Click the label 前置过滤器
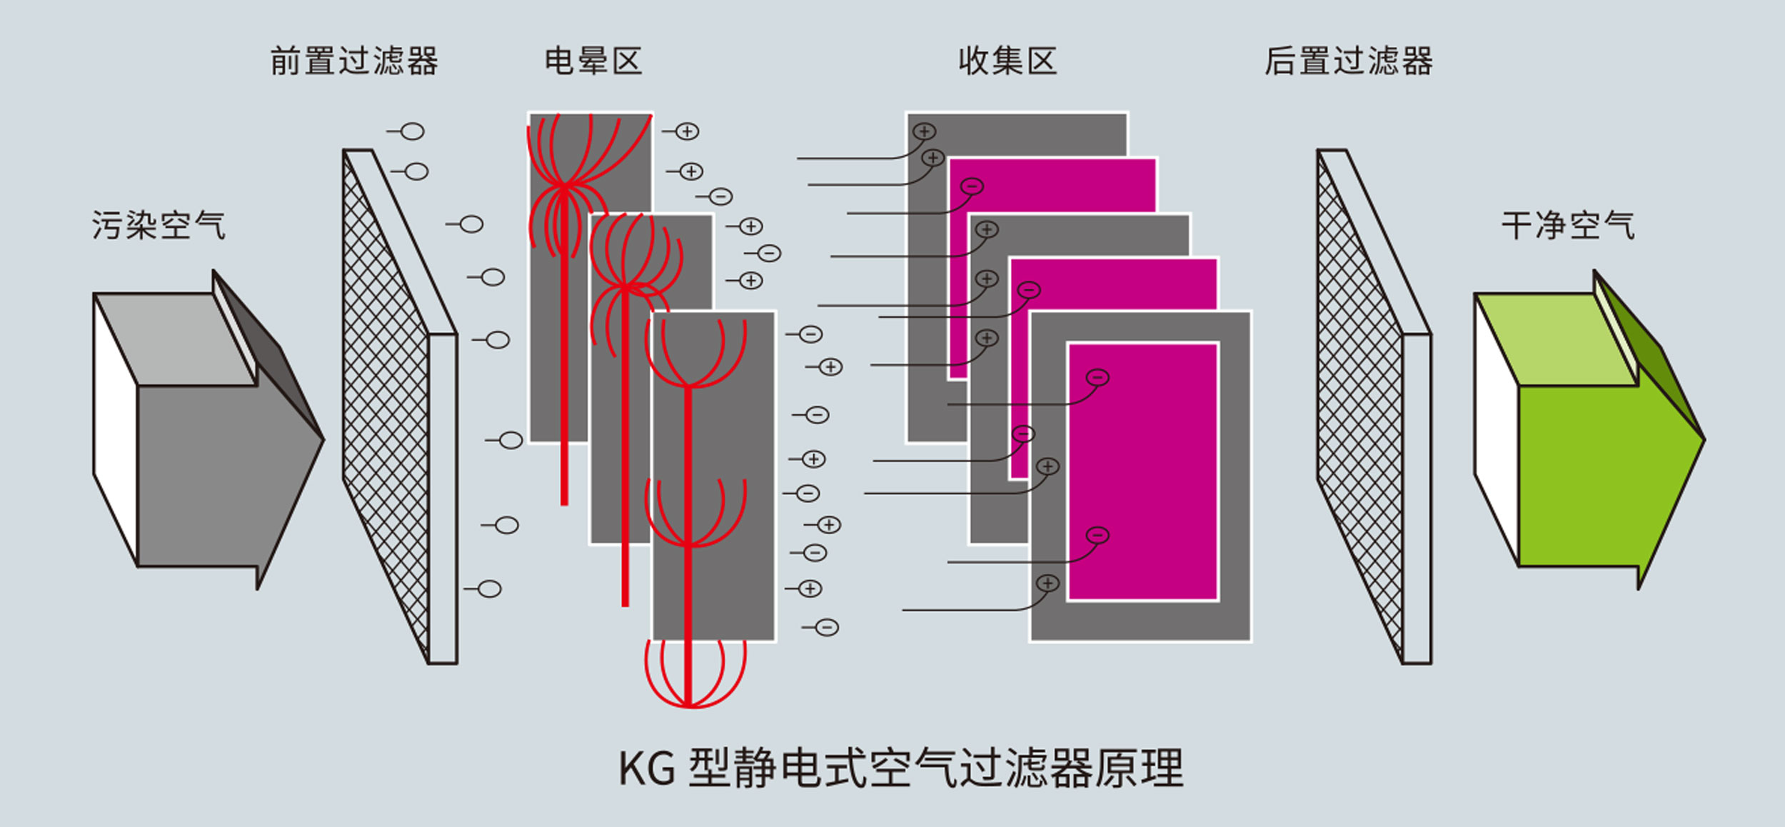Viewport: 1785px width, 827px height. [x=353, y=61]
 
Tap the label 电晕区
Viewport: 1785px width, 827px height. [x=593, y=61]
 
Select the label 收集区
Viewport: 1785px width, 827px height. [x=1007, y=61]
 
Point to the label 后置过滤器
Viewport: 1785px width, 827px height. [x=1348, y=61]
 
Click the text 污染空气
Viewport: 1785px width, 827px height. [x=159, y=226]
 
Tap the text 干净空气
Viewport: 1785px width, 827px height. [x=1568, y=226]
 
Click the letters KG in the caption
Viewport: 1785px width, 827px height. [x=646, y=769]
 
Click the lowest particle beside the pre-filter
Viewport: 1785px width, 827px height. [x=489, y=589]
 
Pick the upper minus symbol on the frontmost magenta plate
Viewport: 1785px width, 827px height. [x=1097, y=377]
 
